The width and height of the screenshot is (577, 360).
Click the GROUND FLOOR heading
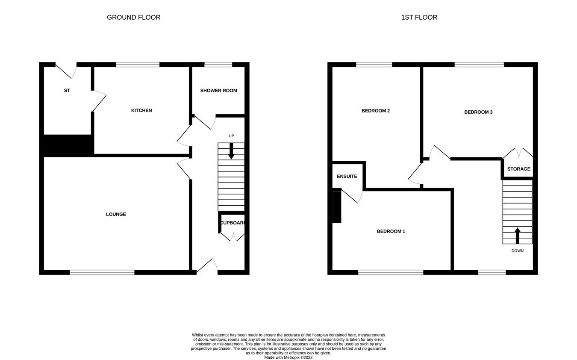[x=133, y=18]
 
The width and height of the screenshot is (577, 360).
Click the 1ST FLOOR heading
[x=419, y=18]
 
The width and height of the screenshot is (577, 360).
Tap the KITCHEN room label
[x=141, y=110]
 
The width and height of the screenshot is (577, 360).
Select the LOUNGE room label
[x=116, y=214]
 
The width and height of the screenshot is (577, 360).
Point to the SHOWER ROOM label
[x=218, y=91]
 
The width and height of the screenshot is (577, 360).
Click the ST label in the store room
[x=67, y=91]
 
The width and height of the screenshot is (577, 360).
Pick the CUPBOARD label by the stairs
[x=233, y=223]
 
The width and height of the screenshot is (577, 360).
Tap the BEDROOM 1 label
[x=391, y=231]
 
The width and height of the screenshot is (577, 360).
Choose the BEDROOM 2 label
[x=375, y=111]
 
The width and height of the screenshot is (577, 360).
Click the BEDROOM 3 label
[x=478, y=112]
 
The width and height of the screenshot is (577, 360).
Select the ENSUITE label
[x=347, y=176]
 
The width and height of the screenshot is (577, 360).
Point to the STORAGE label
[x=518, y=169]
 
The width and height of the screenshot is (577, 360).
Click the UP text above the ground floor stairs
[x=231, y=136]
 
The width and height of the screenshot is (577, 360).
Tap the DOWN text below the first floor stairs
[x=517, y=251]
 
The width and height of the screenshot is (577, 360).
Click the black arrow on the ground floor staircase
[x=231, y=151]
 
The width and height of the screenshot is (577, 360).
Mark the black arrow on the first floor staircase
[x=517, y=235]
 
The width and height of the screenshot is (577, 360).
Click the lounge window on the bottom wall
[x=102, y=272]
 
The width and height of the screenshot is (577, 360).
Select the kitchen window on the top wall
[x=138, y=65]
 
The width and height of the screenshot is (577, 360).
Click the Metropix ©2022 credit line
[x=288, y=357]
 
